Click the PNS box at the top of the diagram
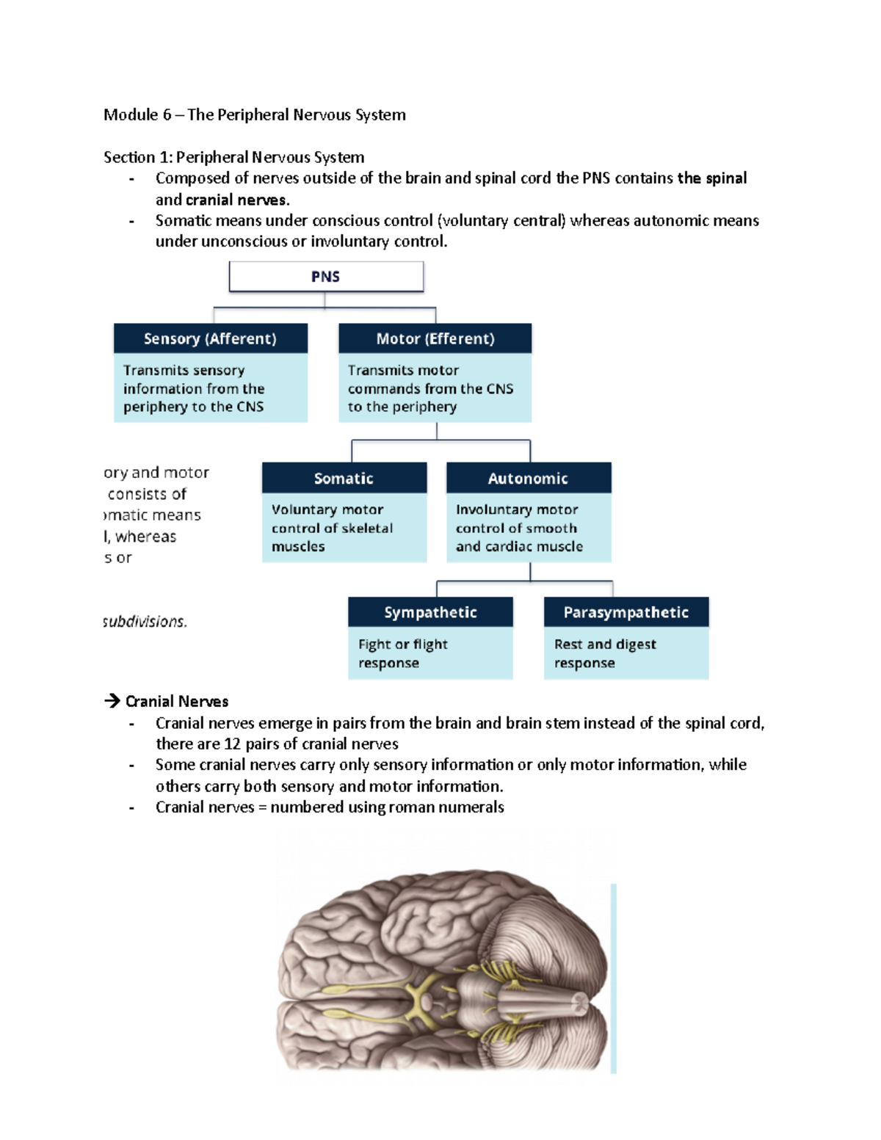pos(326,277)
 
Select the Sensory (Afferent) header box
pos(210,338)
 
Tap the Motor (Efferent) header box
pos(435,338)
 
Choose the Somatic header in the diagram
pos(344,478)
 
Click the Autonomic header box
pos(528,478)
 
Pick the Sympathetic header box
pos(430,612)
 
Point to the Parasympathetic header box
pos(626,612)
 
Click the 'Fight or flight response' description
pos(403,653)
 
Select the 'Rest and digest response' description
pos(605,653)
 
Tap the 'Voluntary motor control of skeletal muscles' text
pos(332,528)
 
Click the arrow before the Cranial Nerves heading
pos(112,701)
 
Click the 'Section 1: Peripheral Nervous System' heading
pos(233,157)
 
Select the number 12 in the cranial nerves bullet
pos(232,744)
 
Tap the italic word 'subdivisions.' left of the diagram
pos(145,622)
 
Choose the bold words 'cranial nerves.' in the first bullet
pos(237,200)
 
